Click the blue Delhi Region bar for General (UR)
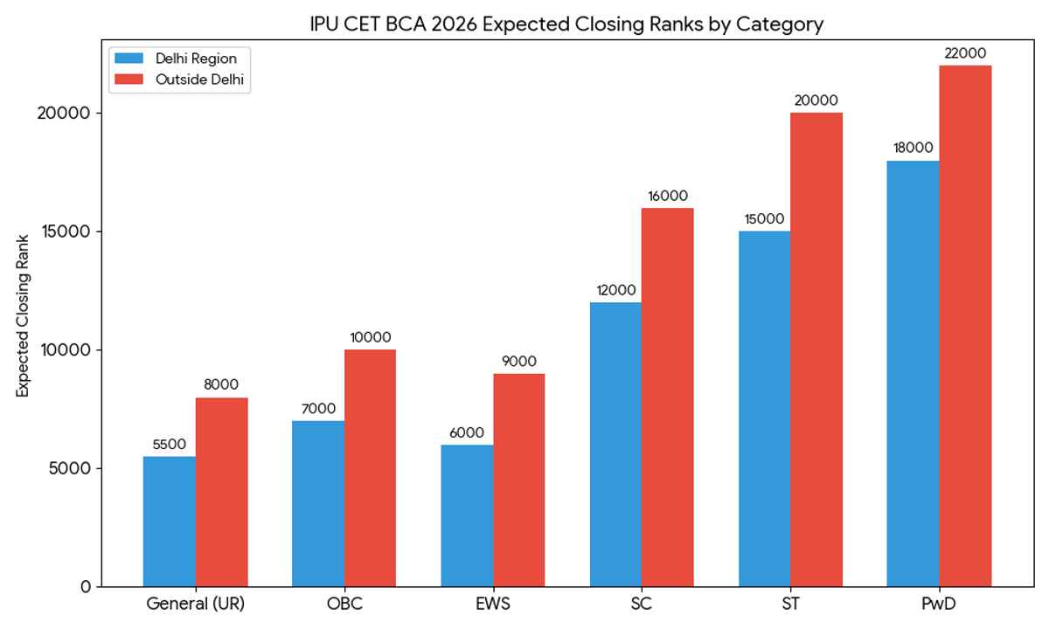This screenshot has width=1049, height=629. click(x=170, y=521)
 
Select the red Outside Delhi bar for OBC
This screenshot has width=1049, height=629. click(x=370, y=467)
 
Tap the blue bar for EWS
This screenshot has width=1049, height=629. click(x=467, y=515)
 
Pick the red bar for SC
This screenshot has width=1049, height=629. click(x=668, y=397)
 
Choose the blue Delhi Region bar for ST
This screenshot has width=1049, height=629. click(x=764, y=408)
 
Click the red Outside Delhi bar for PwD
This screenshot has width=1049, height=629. click(x=965, y=326)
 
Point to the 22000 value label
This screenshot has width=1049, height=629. click(x=965, y=53)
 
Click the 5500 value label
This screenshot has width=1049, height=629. click(x=170, y=444)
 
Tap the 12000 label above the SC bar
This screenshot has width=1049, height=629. click(x=615, y=290)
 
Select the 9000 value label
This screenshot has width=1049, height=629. click(x=518, y=362)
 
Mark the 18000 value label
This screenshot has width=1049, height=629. click(x=913, y=148)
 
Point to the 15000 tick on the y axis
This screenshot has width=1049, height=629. click(x=67, y=232)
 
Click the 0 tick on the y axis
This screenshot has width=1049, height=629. click(x=86, y=586)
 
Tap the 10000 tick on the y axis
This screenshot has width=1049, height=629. click(x=67, y=349)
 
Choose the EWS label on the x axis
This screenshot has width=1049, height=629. click(x=493, y=604)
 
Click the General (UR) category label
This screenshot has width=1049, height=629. click(x=196, y=604)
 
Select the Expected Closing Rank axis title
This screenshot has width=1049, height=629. click(x=24, y=315)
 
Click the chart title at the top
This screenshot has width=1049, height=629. click(x=566, y=24)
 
